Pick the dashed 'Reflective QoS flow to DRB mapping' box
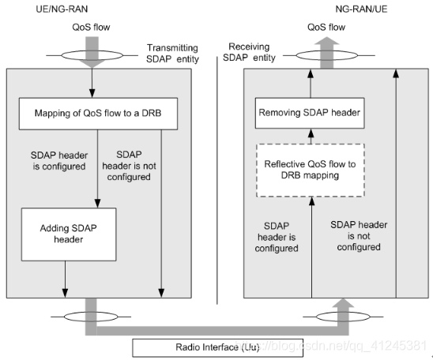coord(310,169)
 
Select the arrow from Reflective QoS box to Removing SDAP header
coord(310,136)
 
